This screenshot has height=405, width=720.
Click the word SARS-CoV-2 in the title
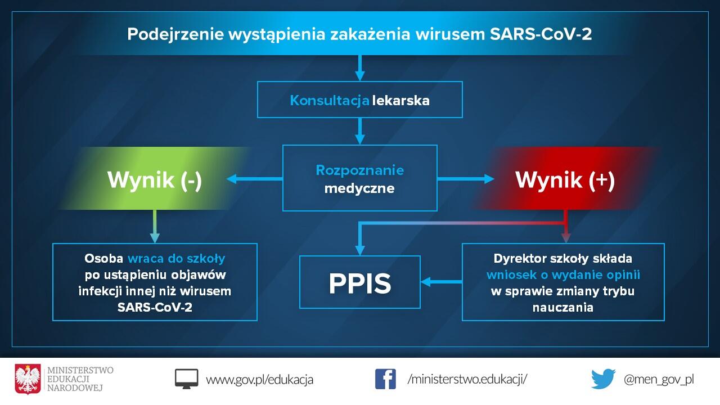pyautogui.click(x=541, y=34)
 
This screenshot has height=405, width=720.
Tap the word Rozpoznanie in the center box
pyautogui.click(x=359, y=170)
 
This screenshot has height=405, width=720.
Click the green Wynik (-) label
pyautogui.click(x=155, y=179)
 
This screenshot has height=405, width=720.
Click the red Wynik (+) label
pyautogui.click(x=565, y=179)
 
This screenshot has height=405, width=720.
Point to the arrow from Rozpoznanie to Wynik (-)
pyautogui.click(x=255, y=179)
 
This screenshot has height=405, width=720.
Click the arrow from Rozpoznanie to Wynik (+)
pyautogui.click(x=466, y=179)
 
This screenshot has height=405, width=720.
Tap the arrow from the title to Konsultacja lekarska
pyautogui.click(x=359, y=68)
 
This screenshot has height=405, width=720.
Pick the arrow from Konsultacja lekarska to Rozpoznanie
pyautogui.click(x=359, y=131)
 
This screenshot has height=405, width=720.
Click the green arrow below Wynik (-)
pyautogui.click(x=155, y=226)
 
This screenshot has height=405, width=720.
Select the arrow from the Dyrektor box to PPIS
pyautogui.click(x=442, y=282)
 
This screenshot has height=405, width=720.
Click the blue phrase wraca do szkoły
pyautogui.click(x=177, y=258)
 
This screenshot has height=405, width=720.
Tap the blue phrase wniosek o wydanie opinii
pyautogui.click(x=563, y=275)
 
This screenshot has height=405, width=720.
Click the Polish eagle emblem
pyautogui.click(x=28, y=379)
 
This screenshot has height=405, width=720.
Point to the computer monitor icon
pyautogui.click(x=186, y=379)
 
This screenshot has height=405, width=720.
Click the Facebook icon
pyautogui.click(x=385, y=379)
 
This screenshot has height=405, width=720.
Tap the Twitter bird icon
pyautogui.click(x=604, y=379)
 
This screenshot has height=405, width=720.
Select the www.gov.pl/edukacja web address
pyautogui.click(x=259, y=380)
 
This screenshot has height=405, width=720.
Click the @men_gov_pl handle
pyautogui.click(x=659, y=380)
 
